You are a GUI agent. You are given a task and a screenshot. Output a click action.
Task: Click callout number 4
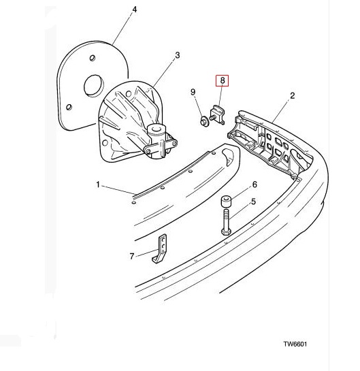134,10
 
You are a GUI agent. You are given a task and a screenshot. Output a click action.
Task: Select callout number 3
178,55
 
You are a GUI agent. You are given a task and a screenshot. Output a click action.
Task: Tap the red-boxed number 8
222,81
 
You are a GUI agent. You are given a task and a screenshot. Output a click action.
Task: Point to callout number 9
193,92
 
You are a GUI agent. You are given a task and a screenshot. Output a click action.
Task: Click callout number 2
293,96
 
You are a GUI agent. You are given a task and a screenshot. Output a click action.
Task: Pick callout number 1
98,184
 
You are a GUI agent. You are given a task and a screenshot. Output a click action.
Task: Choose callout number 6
255,184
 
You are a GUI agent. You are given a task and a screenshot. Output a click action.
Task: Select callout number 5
253,201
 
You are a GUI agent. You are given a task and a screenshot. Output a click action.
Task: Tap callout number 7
132,256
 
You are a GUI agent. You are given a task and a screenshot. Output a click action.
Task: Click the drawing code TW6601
295,344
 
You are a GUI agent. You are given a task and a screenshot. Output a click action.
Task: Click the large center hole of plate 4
94,85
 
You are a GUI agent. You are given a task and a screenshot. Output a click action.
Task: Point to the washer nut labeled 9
203,121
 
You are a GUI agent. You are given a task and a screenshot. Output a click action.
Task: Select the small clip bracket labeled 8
217,114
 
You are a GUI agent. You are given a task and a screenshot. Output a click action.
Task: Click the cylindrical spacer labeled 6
226,201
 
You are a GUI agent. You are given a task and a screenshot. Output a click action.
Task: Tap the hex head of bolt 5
226,231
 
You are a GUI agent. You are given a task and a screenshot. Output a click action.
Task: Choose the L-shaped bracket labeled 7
160,248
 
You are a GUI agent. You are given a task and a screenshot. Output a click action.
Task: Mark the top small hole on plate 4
93,58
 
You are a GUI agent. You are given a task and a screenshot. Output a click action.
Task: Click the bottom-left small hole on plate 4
69,107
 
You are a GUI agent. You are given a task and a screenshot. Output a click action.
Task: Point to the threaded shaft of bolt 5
226,218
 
